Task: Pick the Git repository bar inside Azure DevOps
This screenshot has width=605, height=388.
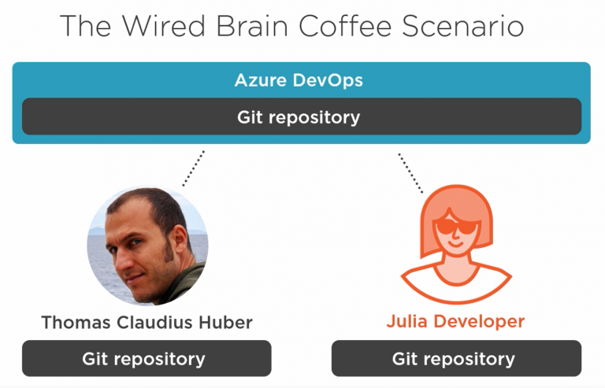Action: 301,117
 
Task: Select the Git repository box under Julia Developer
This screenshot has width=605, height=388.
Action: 455,359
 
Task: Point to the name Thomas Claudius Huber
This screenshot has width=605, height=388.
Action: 147,323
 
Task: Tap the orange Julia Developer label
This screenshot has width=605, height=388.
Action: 455,323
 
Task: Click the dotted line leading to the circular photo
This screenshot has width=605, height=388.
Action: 193,168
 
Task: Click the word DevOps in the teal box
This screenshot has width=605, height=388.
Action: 328,80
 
